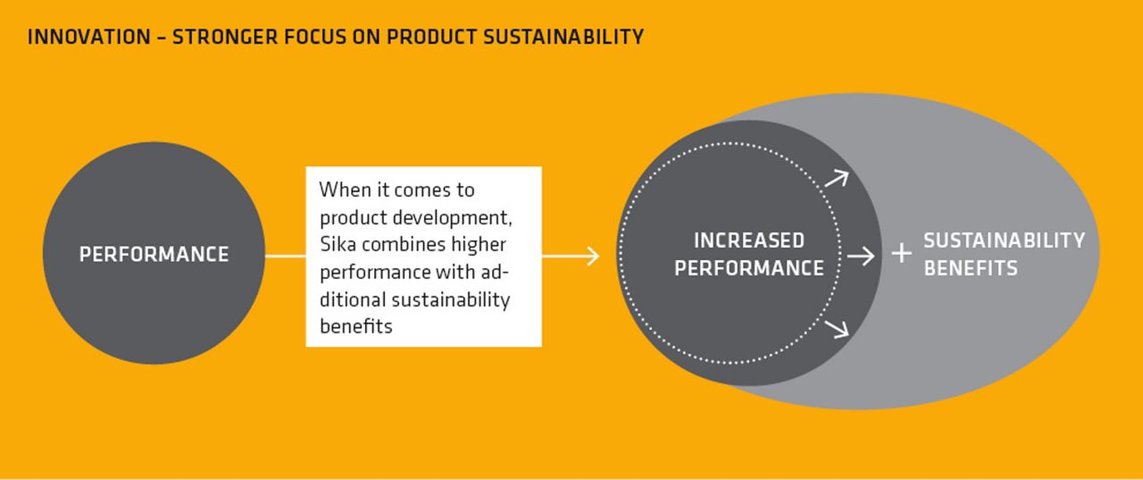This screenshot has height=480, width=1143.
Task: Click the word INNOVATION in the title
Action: (x=88, y=38)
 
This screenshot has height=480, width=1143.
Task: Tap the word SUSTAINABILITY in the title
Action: (x=563, y=38)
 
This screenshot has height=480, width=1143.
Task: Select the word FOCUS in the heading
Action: (x=315, y=38)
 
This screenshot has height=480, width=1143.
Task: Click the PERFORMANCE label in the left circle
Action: (x=154, y=254)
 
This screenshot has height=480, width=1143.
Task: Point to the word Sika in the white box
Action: (x=338, y=244)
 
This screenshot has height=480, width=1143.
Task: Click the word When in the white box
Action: (x=345, y=190)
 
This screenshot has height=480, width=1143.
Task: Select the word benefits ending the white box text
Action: (x=356, y=325)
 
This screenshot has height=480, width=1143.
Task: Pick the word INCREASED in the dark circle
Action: (x=749, y=240)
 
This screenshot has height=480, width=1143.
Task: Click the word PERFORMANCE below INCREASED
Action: (x=749, y=268)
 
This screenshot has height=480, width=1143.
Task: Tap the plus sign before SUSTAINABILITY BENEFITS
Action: (x=902, y=253)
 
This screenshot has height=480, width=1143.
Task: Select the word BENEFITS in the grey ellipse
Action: (x=971, y=268)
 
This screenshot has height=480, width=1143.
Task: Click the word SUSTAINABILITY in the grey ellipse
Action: (x=1005, y=240)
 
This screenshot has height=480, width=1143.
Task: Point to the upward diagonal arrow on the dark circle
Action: (x=837, y=178)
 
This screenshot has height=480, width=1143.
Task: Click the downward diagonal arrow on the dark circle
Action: (x=837, y=329)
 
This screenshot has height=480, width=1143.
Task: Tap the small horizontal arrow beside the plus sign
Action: (x=861, y=256)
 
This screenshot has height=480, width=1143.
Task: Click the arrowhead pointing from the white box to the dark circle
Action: (x=593, y=256)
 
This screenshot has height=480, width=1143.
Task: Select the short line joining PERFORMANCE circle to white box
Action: (x=285, y=256)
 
